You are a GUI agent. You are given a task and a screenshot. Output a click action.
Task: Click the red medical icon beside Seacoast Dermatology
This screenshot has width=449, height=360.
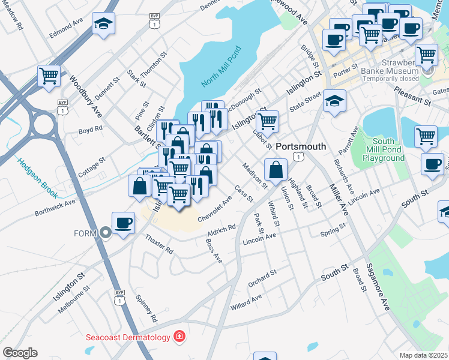click(x=179, y=337)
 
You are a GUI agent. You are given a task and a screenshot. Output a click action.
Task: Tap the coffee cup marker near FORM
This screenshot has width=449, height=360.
click(x=124, y=223)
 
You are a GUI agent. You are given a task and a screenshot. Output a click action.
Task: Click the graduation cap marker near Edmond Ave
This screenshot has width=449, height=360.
click(x=103, y=24)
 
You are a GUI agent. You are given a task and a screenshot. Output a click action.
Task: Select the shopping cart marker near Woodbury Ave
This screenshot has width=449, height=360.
click(x=49, y=76)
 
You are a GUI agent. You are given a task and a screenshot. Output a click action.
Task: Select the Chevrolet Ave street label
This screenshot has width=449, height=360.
click(x=214, y=208)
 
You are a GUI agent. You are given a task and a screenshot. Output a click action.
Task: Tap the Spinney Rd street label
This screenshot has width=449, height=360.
click(x=146, y=308)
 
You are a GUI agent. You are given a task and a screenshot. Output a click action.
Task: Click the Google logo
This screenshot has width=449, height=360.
click(x=19, y=352)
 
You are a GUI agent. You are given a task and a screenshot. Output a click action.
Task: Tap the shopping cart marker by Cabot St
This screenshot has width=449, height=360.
click(x=268, y=121)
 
